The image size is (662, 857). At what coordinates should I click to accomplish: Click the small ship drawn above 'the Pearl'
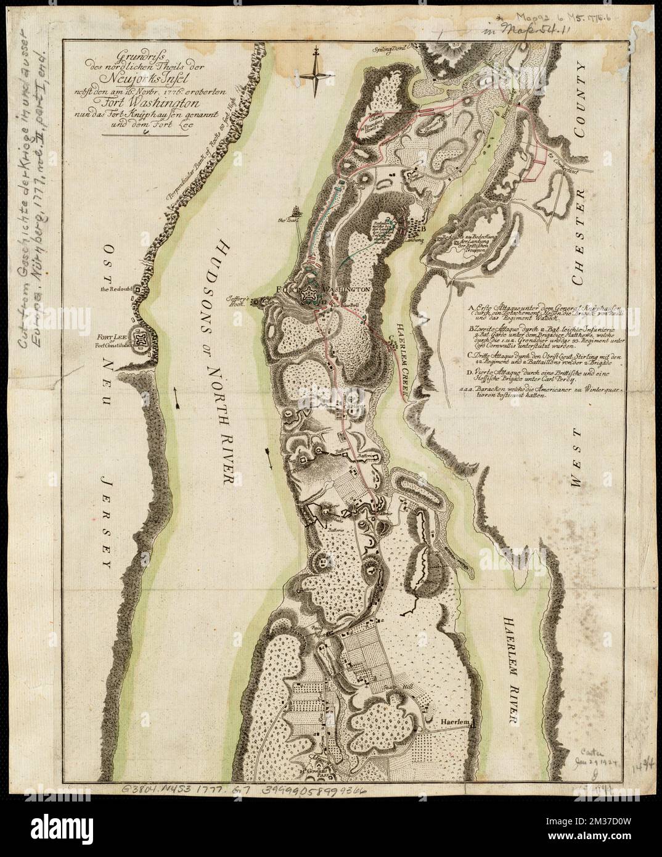[x=296, y=211]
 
